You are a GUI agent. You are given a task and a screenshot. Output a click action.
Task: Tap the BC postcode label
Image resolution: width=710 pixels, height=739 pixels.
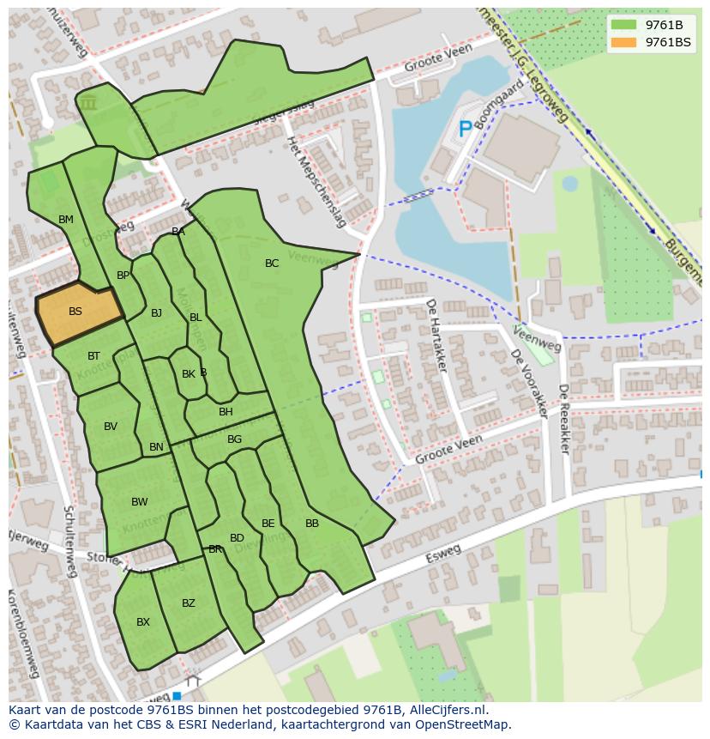(x=272, y=263)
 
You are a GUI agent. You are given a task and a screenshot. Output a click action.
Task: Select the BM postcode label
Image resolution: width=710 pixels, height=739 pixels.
(x=66, y=220)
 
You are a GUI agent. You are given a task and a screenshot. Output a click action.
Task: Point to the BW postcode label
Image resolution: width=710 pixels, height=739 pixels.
(x=139, y=502)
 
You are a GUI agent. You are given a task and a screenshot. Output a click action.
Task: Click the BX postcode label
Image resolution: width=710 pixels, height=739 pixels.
(x=143, y=622)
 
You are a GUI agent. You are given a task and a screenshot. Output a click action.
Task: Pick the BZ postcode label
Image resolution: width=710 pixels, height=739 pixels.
(x=189, y=603)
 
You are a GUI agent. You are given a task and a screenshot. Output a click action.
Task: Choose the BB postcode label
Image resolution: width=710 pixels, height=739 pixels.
(x=312, y=524)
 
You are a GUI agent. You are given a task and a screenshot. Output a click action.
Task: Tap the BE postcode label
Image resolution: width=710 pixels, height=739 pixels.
(x=268, y=524)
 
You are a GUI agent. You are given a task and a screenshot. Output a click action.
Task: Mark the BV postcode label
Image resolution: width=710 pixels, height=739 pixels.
(x=111, y=427)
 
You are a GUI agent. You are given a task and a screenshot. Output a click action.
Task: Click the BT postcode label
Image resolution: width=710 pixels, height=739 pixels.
(x=93, y=356)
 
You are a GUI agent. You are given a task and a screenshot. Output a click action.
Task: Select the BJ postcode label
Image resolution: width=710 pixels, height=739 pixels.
(x=156, y=313)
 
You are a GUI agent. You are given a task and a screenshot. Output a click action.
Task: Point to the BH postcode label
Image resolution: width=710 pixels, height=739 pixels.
(x=226, y=412)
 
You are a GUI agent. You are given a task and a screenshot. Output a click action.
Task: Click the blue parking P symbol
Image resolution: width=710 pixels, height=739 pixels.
(x=465, y=130)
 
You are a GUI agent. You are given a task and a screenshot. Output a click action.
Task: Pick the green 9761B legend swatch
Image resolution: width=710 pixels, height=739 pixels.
(x=623, y=25)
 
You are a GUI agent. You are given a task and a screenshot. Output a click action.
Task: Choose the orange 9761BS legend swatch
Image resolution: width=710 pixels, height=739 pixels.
(x=623, y=42)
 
